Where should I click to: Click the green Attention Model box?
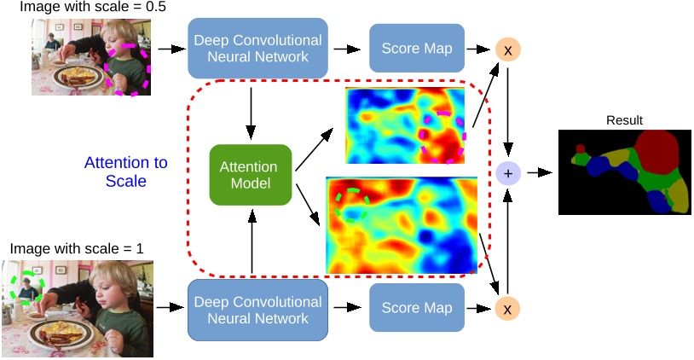[x=251, y=174]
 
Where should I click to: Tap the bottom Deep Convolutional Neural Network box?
[x=257, y=310]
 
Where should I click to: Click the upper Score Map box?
[x=416, y=49]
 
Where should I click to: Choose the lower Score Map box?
[x=416, y=308]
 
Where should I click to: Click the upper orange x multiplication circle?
[x=508, y=50]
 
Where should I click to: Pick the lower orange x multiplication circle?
[x=508, y=308]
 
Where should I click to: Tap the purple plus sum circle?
[x=508, y=173]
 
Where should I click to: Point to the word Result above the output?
[x=625, y=120]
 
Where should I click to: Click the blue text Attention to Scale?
[x=125, y=171]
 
